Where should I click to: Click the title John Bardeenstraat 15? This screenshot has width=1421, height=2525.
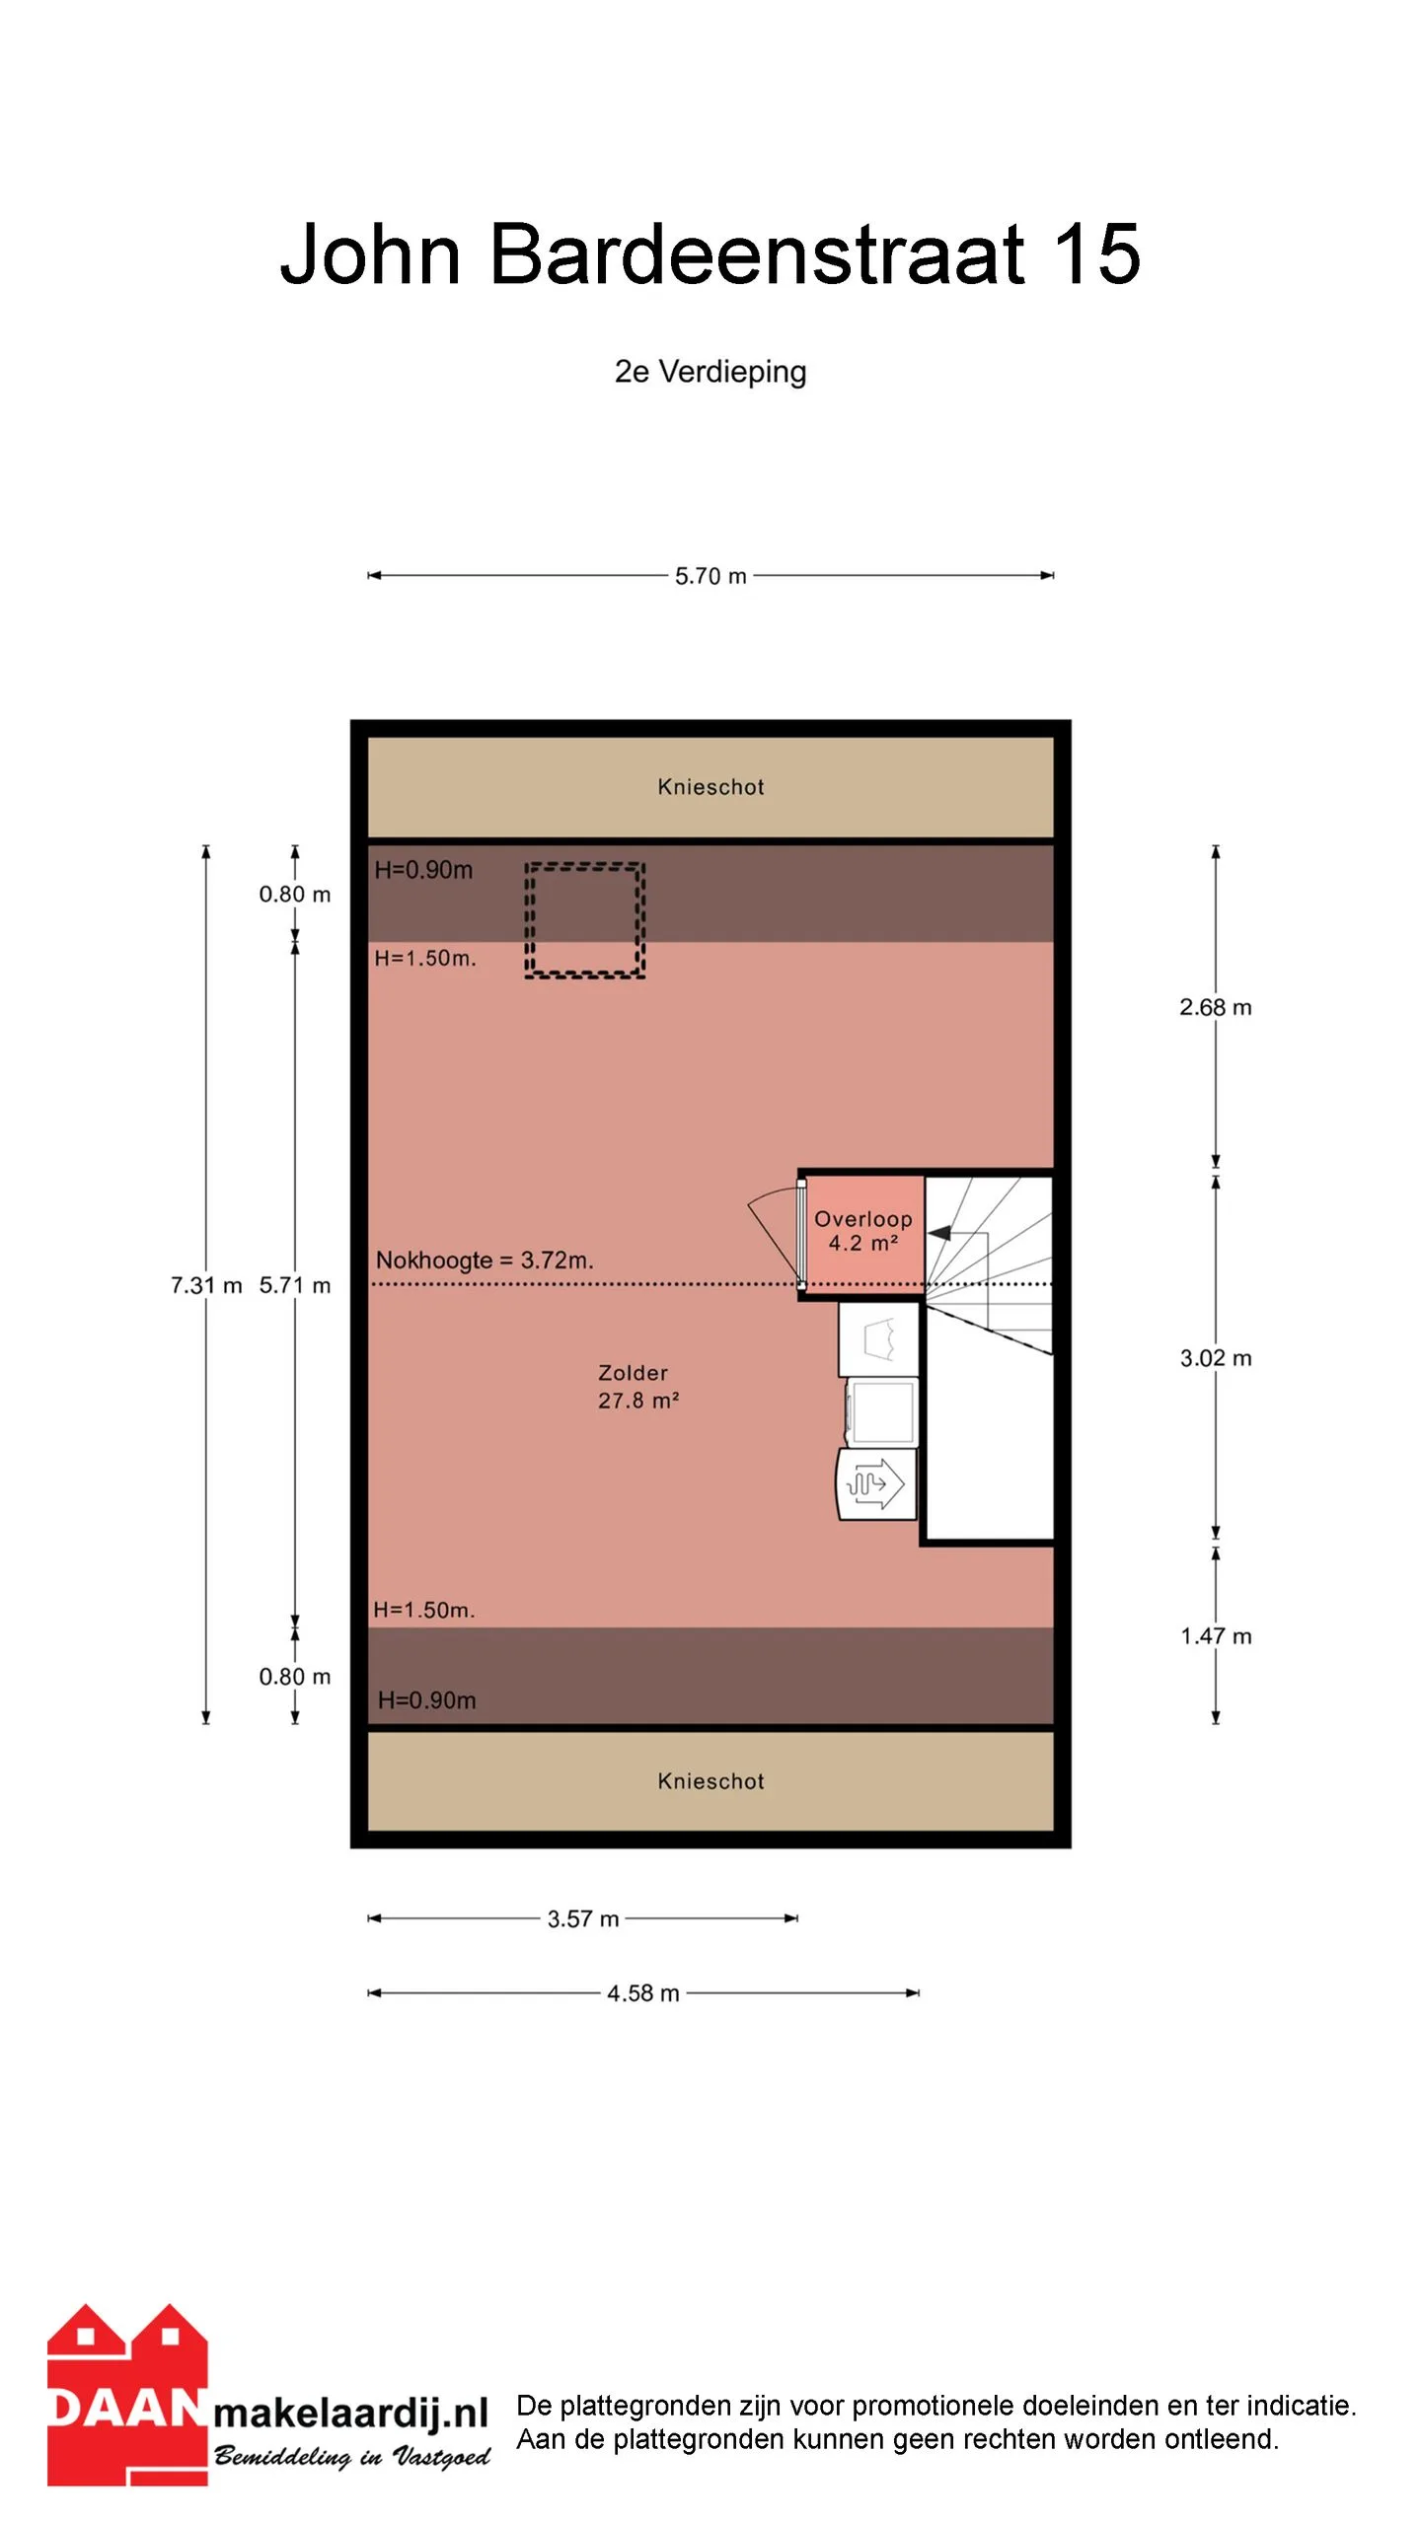coord(710,254)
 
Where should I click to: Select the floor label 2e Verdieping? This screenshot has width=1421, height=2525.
coord(710,372)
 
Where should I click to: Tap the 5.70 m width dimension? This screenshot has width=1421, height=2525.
coord(710,576)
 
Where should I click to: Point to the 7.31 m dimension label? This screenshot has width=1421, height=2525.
coord(206,1285)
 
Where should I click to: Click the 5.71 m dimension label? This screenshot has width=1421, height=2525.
coord(295,1285)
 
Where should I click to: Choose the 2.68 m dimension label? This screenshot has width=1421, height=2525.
coord(1216,1007)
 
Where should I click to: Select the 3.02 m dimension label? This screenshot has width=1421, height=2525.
coord(1216,1358)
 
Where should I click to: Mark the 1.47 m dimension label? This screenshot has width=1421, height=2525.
coord(1216,1636)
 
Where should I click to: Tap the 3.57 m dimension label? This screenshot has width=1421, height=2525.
coord(583,1918)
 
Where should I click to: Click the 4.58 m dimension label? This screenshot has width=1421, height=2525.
coord(643,1993)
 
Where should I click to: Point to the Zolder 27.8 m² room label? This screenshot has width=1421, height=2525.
coord(638,1386)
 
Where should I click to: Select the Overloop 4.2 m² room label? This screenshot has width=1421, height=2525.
coord(863,1231)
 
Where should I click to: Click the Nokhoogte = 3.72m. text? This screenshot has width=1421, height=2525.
coord(485,1261)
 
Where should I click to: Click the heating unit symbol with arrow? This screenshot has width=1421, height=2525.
coord(876,1483)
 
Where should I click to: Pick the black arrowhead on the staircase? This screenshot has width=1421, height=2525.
coord(939,1233)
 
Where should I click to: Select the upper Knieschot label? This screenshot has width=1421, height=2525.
coord(710,787)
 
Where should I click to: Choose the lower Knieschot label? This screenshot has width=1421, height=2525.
coord(710,1781)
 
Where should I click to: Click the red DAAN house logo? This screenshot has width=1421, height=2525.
coord(127,2395)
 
